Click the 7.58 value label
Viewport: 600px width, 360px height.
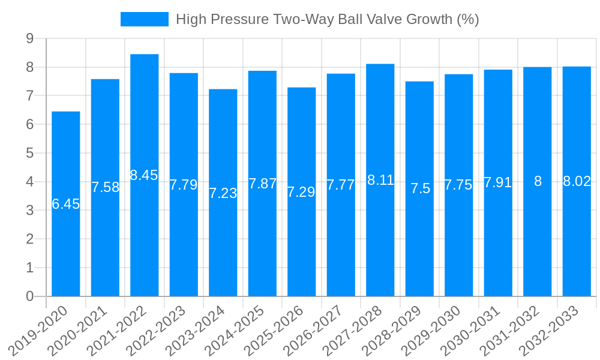(105, 187)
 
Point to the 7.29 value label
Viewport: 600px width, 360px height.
(301, 192)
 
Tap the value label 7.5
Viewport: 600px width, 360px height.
(420, 188)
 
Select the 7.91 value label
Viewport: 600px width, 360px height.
(498, 182)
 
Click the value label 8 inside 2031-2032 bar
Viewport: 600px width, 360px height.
(538, 181)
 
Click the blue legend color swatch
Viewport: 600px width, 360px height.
(145, 19)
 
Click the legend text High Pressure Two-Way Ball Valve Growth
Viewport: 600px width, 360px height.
(327, 19)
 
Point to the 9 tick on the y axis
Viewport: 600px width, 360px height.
(30, 38)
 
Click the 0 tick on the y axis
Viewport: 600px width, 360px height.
(30, 296)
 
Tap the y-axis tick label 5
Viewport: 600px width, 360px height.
(30, 153)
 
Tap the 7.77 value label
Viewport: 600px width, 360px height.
(341, 185)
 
